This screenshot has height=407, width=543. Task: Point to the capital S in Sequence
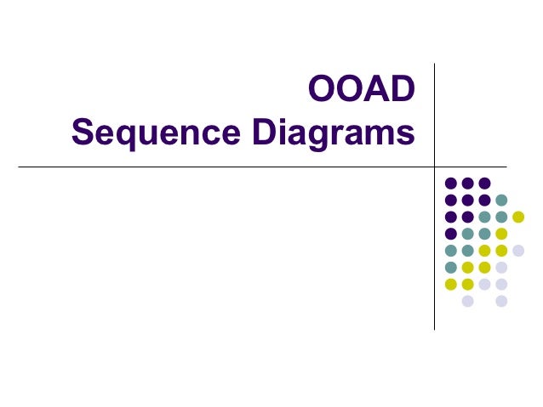point(83,133)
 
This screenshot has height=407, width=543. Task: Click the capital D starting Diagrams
point(258,133)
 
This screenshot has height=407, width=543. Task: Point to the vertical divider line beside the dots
point(435,255)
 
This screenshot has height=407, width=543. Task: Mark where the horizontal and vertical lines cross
point(435,167)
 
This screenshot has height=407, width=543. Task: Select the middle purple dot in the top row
point(467,183)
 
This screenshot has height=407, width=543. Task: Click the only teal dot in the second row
point(501,200)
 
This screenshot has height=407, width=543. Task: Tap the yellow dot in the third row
point(518,217)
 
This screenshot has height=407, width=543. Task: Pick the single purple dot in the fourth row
point(450,234)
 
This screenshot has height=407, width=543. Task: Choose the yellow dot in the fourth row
point(501,234)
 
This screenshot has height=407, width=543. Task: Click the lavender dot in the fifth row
point(518,251)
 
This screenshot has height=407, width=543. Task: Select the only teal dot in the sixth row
point(450,268)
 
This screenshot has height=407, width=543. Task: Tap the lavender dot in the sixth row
point(501,268)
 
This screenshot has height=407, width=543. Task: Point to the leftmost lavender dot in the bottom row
point(467,302)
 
